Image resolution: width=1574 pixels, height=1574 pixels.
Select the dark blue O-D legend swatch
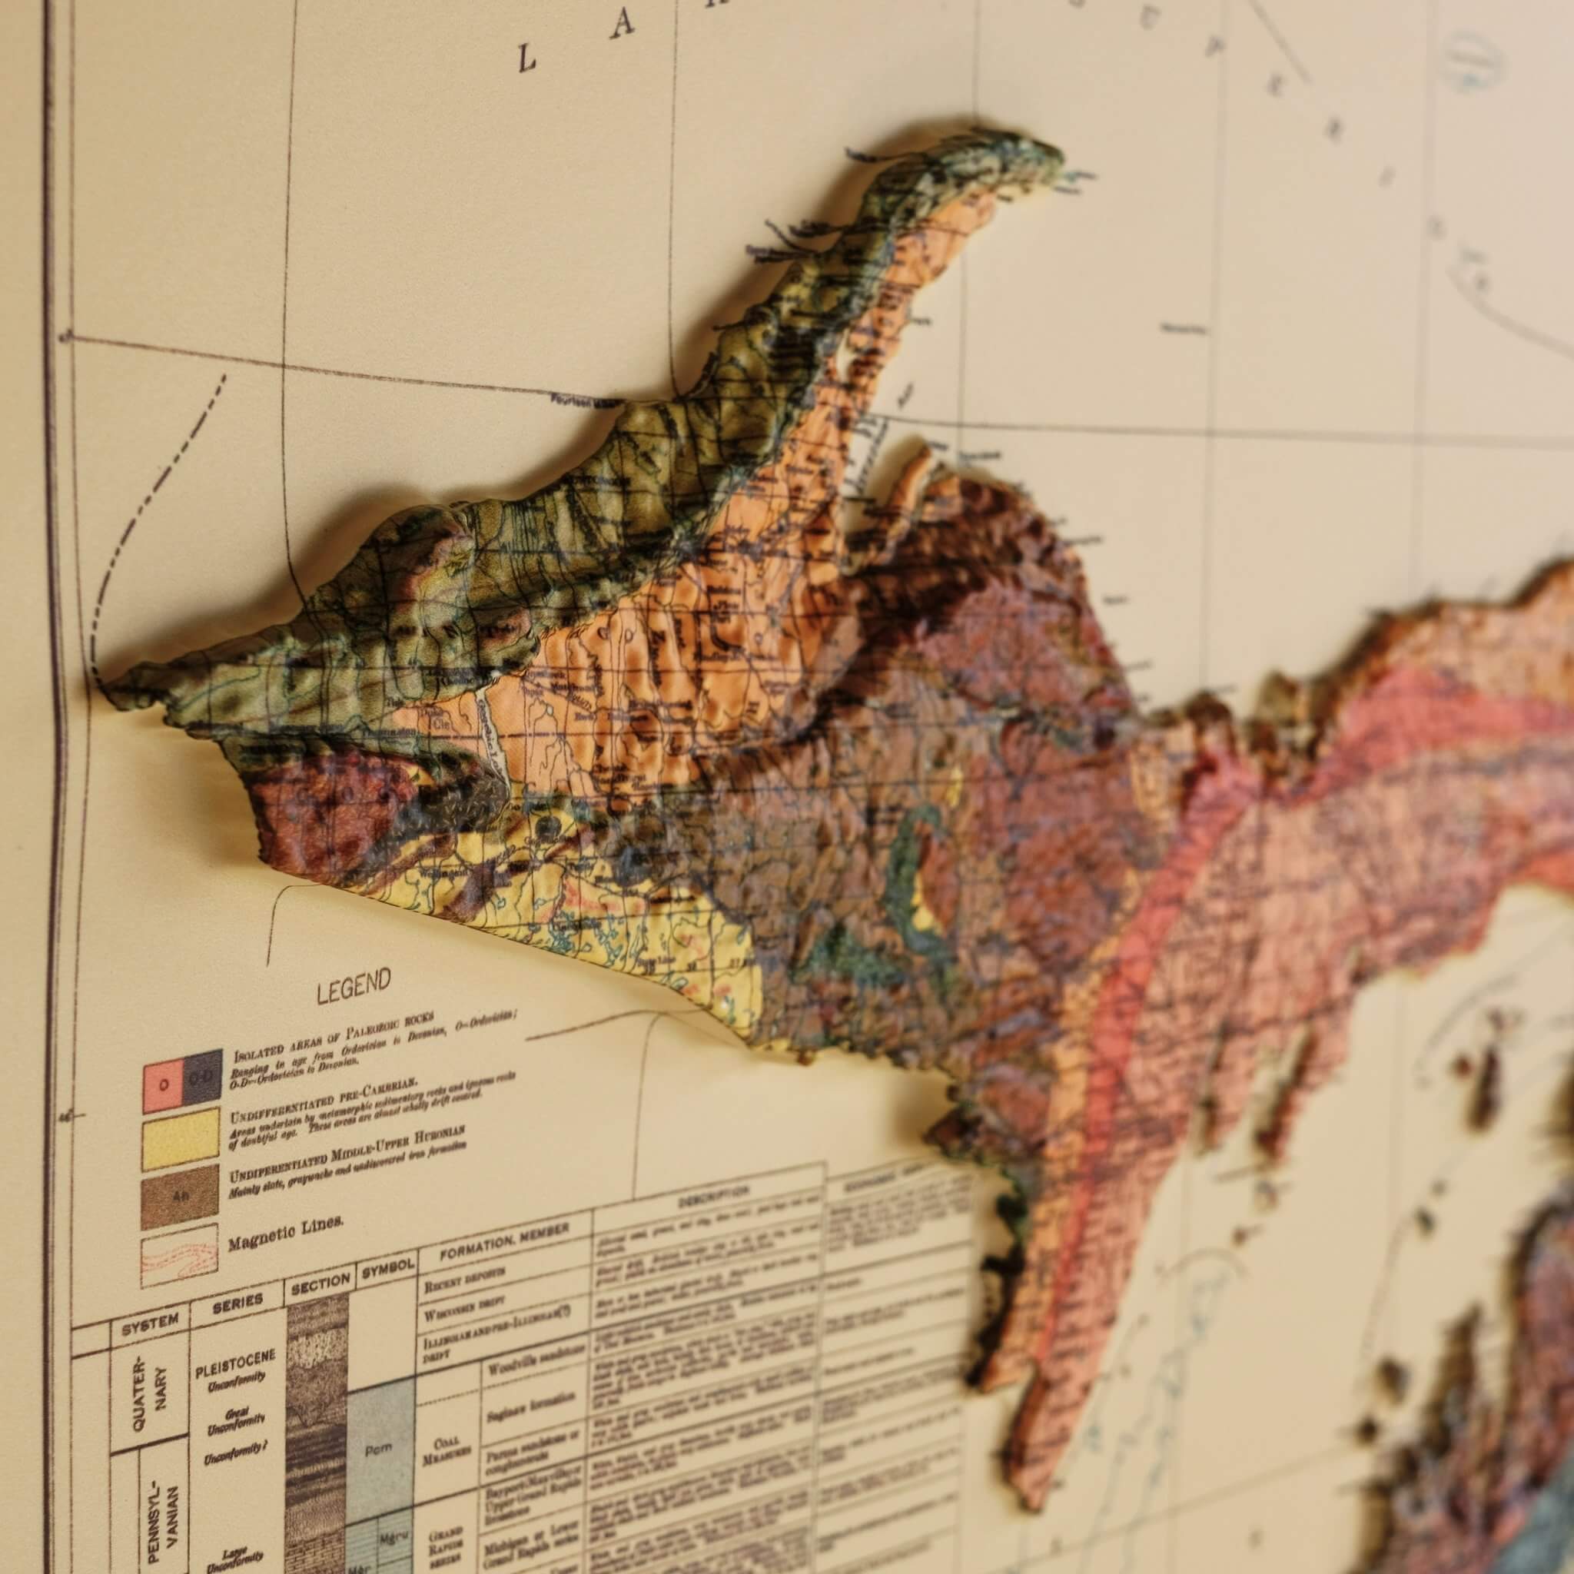click(x=201, y=1078)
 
